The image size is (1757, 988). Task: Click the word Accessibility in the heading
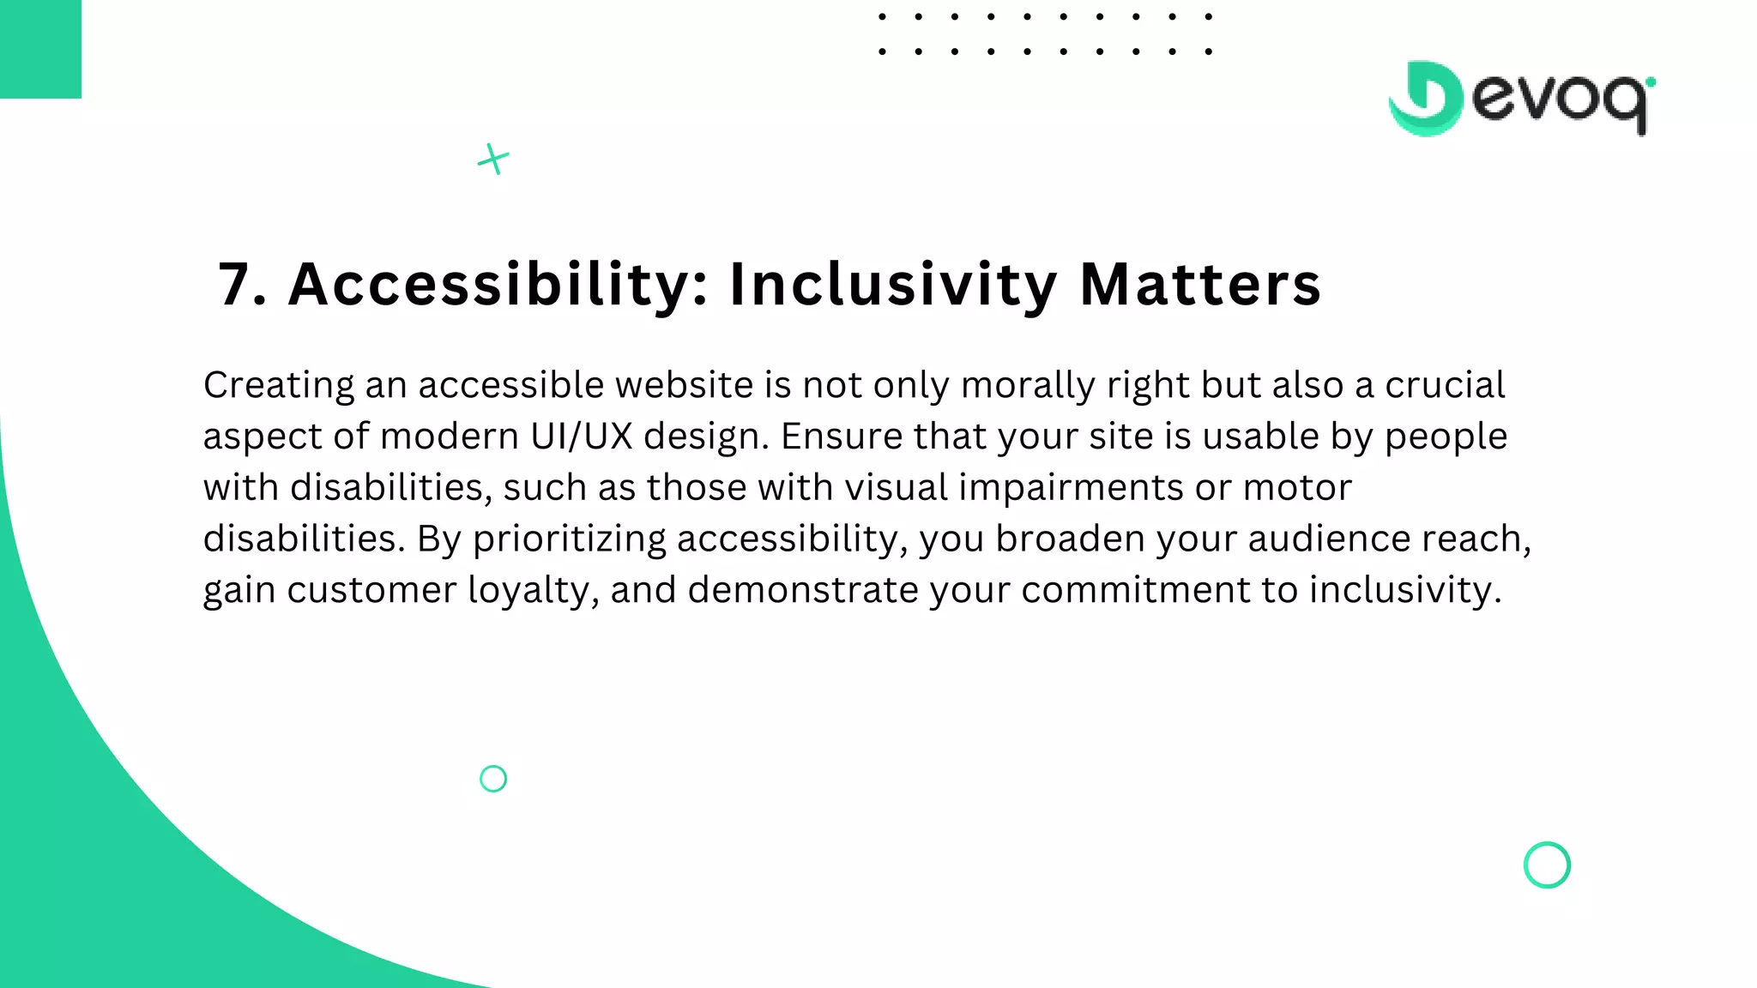[x=498, y=285]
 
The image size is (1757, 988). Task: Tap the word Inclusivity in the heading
[x=892, y=285]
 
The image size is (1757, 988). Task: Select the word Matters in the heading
[x=1199, y=285]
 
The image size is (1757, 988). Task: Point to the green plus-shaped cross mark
[x=493, y=159]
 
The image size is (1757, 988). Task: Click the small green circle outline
[x=493, y=779]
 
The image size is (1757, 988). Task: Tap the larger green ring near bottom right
[x=1547, y=864]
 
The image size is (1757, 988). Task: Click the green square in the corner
[x=40, y=49]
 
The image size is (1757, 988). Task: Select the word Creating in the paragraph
[x=278, y=385]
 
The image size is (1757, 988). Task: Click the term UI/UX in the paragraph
[x=581, y=437]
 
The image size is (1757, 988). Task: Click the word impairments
[x=1071, y=487]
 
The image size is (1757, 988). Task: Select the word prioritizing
[x=569, y=539]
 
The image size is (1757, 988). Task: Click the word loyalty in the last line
[x=533, y=590]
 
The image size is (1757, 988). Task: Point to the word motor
[x=1297, y=487]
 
